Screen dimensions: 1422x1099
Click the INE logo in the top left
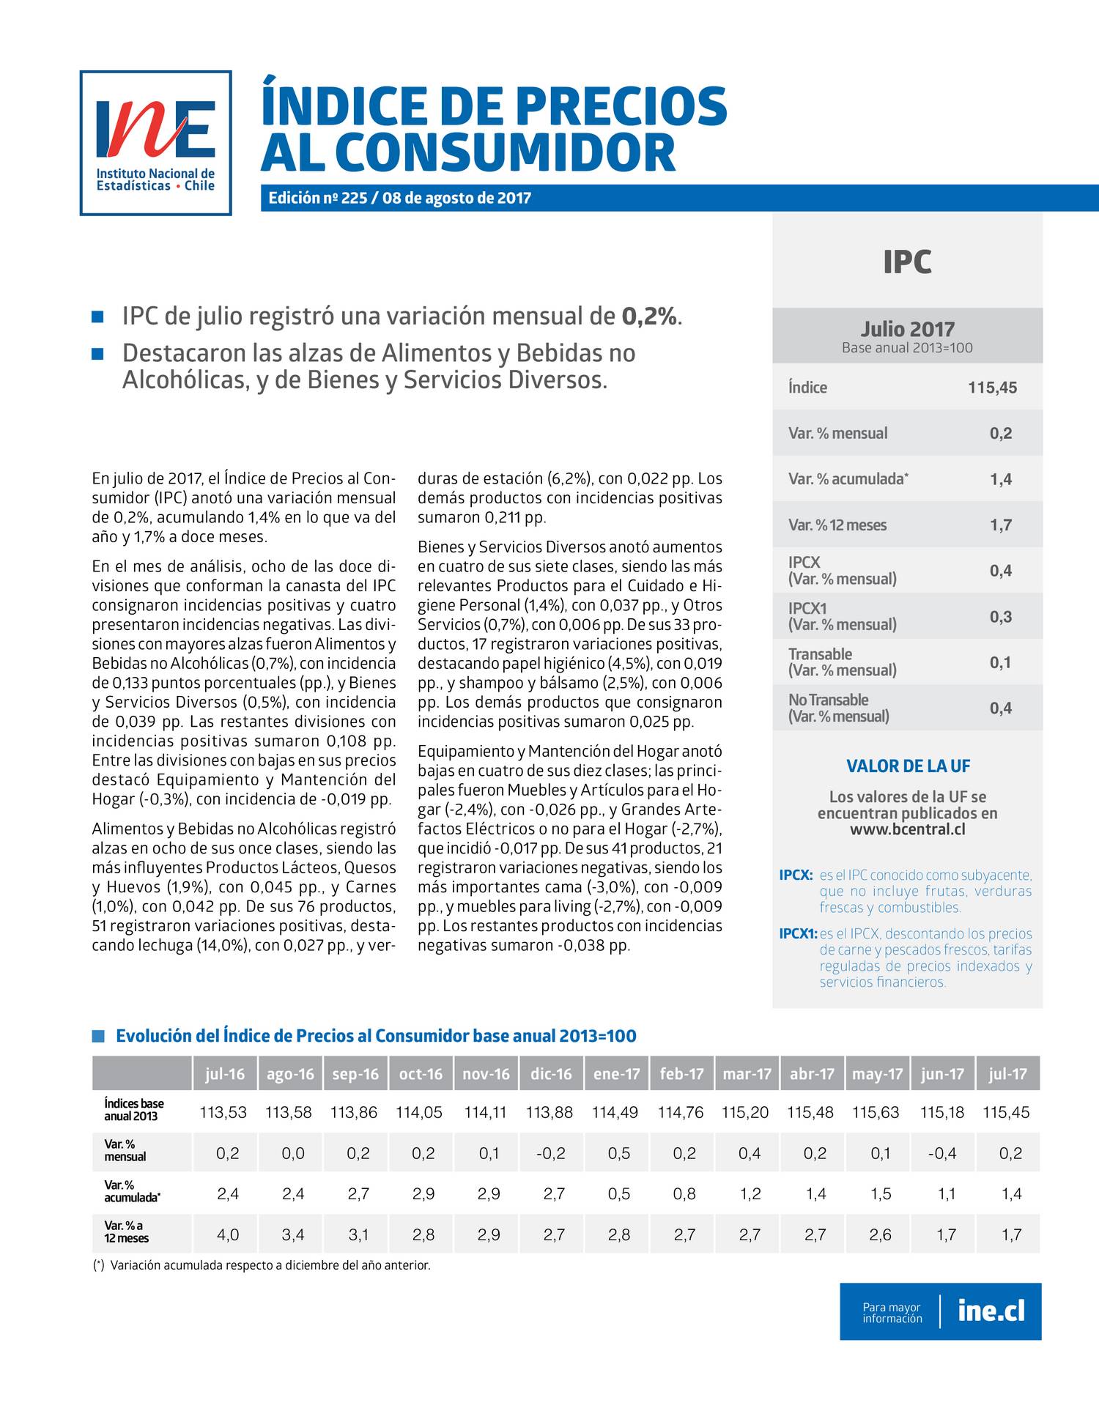[x=155, y=143]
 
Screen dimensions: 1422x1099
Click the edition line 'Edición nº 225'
[x=399, y=199]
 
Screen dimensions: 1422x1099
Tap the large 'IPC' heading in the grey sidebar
[x=907, y=262]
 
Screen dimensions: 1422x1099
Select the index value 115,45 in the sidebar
[x=992, y=388]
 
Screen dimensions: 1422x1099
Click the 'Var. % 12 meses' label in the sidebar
[x=837, y=525]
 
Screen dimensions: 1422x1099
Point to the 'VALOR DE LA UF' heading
[x=908, y=766]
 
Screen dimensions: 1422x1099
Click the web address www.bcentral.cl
[x=907, y=829]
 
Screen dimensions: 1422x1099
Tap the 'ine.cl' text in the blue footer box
[x=991, y=1310]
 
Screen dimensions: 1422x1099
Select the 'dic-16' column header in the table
[x=550, y=1074]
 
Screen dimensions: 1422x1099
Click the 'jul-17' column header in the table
[x=1007, y=1074]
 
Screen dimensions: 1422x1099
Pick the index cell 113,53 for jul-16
[x=223, y=1112]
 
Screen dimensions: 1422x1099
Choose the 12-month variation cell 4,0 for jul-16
[x=228, y=1234]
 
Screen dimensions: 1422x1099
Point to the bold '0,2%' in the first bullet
[x=649, y=316]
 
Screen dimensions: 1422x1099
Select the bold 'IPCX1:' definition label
[x=798, y=934]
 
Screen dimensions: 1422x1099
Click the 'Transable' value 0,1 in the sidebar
[x=1000, y=662]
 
